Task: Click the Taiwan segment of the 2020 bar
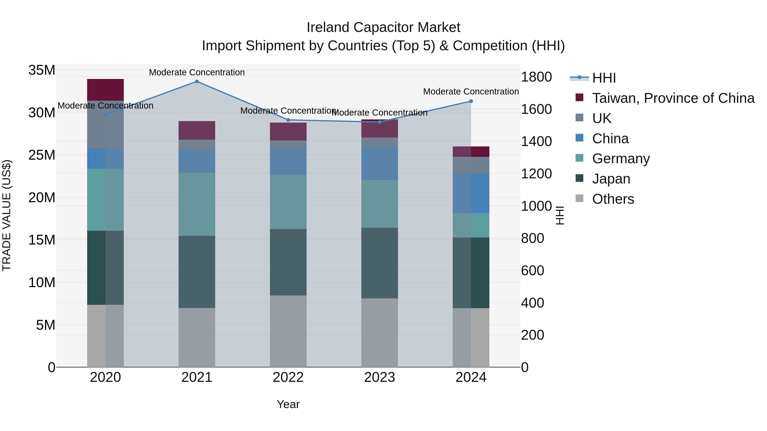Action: [105, 90]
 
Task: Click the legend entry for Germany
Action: [621, 159]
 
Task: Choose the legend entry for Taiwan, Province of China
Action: [673, 98]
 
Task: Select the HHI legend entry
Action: [604, 78]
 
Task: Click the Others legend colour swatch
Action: [580, 198]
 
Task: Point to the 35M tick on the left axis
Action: [42, 70]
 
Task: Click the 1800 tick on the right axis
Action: [536, 77]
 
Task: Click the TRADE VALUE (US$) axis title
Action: [7, 215]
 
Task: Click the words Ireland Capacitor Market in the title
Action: [383, 27]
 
